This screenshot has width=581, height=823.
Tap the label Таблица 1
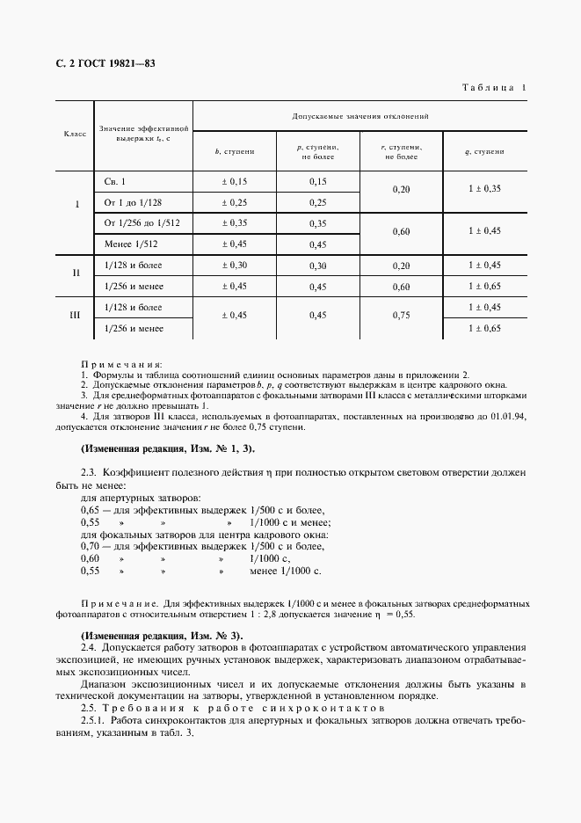[494, 87]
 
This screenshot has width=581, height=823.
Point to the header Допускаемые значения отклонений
[361, 116]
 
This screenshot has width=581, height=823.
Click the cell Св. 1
[115, 182]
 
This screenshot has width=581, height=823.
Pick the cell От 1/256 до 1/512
[142, 223]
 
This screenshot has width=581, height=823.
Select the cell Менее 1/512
[129, 244]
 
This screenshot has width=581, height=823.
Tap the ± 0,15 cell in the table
[235, 182]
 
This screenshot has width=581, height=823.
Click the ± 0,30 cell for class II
[235, 266]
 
